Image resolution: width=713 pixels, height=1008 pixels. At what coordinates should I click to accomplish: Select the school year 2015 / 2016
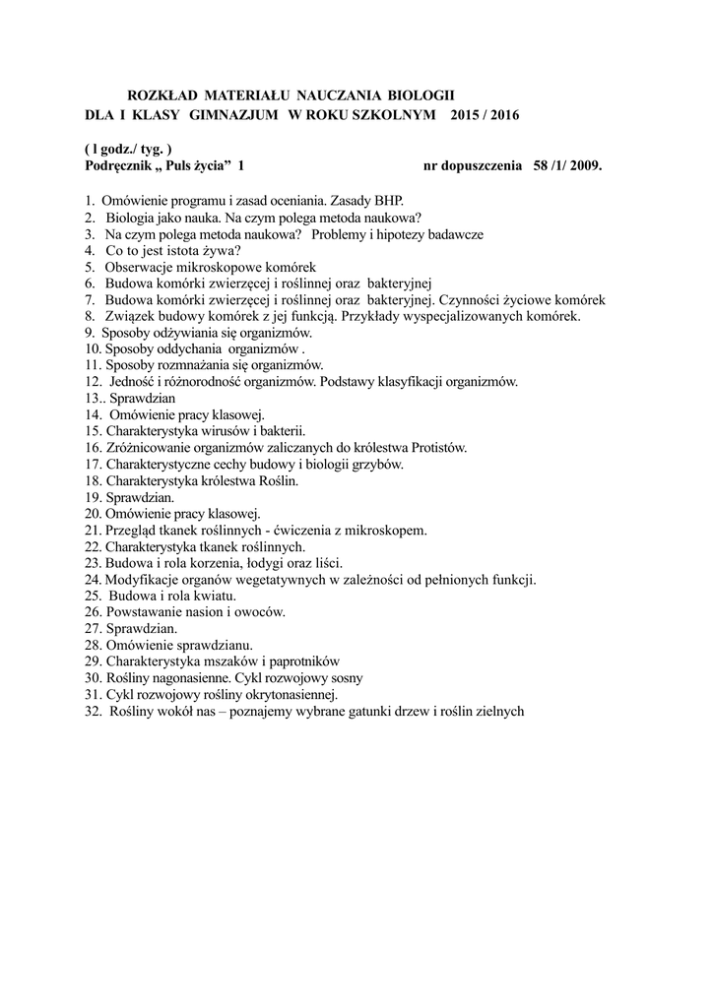pyautogui.click(x=483, y=115)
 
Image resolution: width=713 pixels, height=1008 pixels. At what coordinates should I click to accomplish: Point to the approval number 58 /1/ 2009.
pyautogui.click(x=566, y=167)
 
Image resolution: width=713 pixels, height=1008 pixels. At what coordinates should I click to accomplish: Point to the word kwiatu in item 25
pyautogui.click(x=213, y=597)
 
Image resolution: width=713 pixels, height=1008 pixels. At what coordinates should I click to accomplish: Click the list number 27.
pyautogui.click(x=93, y=629)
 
